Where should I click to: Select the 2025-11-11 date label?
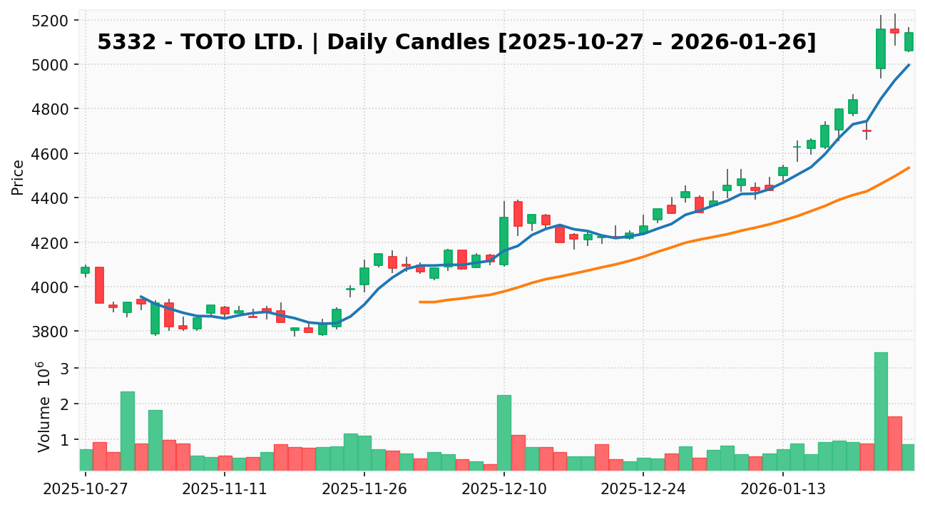point(225,491)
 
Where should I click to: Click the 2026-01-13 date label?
point(783,491)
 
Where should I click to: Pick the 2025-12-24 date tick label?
point(643,491)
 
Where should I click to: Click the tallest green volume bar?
point(881,411)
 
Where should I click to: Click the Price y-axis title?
point(19,177)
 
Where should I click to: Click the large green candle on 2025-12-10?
point(504,241)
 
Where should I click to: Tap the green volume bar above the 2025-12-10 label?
point(504,432)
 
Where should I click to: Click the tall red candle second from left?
point(99,285)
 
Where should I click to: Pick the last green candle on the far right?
point(909,41)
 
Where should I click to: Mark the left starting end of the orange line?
point(420,302)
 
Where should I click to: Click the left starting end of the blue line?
point(141,296)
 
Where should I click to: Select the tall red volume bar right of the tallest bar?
point(895,443)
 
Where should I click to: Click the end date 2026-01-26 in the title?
point(760,43)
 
